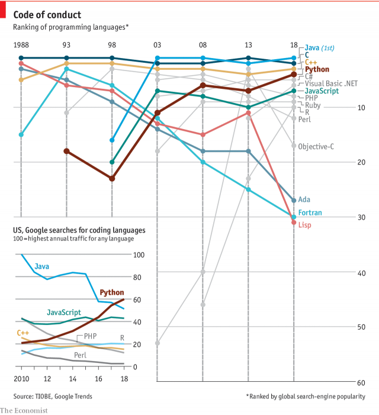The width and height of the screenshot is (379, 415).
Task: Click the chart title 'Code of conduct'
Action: [47, 14]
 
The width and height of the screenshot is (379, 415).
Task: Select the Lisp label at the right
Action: [304, 225]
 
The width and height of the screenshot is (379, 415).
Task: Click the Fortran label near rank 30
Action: [309, 212]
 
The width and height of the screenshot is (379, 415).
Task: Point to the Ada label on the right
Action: [304, 200]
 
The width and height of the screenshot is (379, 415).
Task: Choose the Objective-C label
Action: [317, 146]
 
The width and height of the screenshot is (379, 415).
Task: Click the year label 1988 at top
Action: [21, 45]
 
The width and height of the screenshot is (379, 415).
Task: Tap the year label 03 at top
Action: [157, 45]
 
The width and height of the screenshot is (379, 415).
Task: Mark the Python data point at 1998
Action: [112, 178]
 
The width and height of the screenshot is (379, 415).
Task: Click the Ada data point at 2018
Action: [294, 200]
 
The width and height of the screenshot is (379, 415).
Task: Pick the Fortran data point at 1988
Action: [21, 135]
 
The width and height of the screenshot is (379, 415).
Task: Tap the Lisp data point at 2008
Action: [203, 134]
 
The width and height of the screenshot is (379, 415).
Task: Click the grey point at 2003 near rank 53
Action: [158, 343]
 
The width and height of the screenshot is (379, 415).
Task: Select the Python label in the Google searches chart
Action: [112, 292]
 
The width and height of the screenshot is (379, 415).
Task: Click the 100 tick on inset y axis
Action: [140, 255]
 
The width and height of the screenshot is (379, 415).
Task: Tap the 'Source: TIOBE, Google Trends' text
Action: [53, 396]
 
